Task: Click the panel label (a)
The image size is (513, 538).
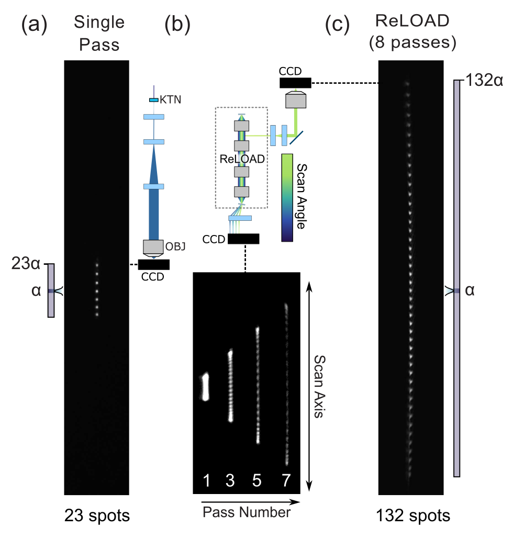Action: pyautogui.click(x=35, y=25)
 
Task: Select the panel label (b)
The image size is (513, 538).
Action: pyautogui.click(x=177, y=25)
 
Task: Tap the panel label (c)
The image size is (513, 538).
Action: pyautogui.click(x=337, y=25)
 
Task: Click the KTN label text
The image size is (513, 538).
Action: pyautogui.click(x=171, y=99)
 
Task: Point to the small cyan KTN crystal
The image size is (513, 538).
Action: pyautogui.click(x=154, y=100)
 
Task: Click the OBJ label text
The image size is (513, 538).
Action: pyautogui.click(x=175, y=246)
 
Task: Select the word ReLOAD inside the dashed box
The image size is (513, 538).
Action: pyautogui.click(x=242, y=159)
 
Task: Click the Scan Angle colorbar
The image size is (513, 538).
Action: pyautogui.click(x=287, y=198)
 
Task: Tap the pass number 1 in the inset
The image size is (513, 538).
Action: pyautogui.click(x=207, y=480)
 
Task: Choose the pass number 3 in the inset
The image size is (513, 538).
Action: pyautogui.click(x=230, y=480)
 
